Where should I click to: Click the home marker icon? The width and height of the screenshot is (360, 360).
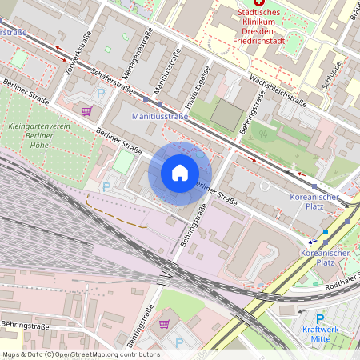point(180,173)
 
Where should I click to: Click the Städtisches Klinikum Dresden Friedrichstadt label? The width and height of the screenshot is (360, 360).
point(269,27)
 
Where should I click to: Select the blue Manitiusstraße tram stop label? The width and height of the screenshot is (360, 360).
point(159,117)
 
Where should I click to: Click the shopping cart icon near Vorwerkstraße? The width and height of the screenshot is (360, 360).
point(86,110)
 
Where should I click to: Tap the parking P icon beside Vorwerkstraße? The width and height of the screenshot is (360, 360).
point(101,94)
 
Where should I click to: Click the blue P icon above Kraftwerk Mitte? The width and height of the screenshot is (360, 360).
point(321,318)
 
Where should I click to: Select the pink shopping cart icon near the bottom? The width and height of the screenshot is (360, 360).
point(165,323)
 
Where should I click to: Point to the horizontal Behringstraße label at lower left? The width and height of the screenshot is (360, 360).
point(26,326)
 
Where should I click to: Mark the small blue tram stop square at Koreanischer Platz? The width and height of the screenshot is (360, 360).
point(326,232)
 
